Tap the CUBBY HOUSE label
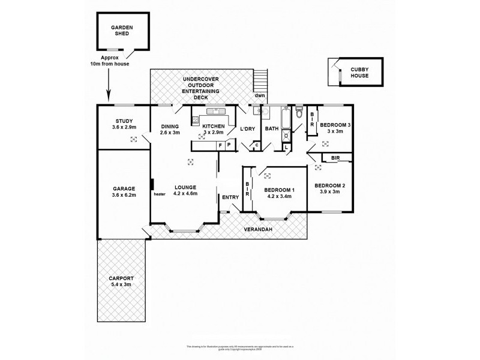[360, 73]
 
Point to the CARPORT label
[122, 278]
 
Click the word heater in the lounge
[159, 194]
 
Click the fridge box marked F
[220, 145]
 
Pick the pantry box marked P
[229, 145]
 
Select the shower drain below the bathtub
[286, 135]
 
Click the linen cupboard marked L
[287, 146]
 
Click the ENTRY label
[230, 197]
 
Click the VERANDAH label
[258, 230]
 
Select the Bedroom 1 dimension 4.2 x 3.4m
[278, 196]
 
